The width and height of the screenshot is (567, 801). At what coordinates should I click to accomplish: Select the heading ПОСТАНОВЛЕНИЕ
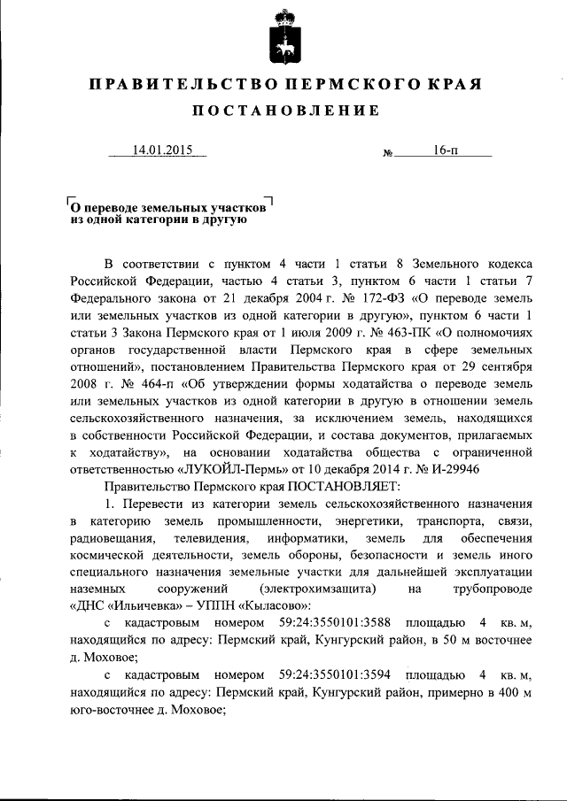(x=283, y=111)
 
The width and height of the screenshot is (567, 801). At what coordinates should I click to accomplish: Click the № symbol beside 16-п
(x=387, y=153)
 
